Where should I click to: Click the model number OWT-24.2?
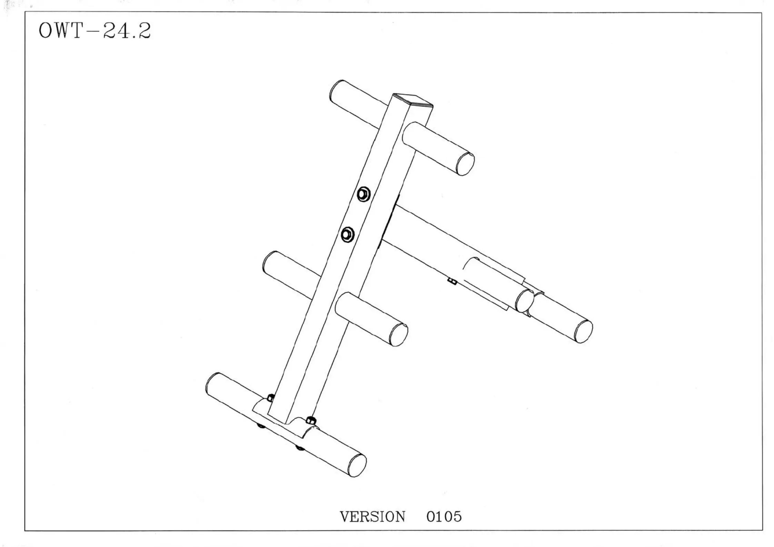(94, 31)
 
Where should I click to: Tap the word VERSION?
(372, 517)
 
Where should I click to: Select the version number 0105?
(444, 517)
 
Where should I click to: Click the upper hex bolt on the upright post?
(363, 194)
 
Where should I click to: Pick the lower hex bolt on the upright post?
(347, 235)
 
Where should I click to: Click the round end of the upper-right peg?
(465, 164)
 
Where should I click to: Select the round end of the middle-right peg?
(399, 335)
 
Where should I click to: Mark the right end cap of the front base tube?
(357, 466)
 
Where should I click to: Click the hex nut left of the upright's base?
(271, 398)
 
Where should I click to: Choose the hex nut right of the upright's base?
(310, 420)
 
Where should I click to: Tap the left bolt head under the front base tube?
(261, 426)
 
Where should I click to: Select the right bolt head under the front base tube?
(300, 448)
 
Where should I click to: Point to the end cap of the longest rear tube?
(583, 331)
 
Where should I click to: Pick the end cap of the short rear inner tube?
(524, 301)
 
